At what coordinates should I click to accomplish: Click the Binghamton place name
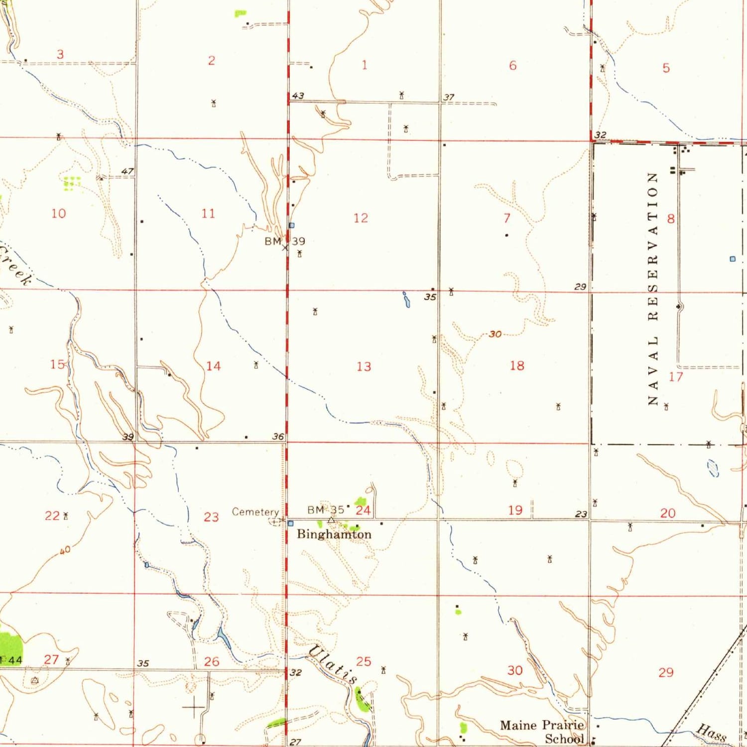point(334,534)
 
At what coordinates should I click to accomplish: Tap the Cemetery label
point(255,512)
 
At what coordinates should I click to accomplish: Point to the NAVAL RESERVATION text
point(653,289)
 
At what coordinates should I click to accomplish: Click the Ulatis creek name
point(333,664)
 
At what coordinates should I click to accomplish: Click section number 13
point(364,367)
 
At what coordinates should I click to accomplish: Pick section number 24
point(363,510)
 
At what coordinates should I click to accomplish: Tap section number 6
point(512,65)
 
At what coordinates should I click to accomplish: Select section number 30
point(515,670)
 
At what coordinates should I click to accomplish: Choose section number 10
point(58,213)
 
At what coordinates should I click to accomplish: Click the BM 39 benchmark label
point(285,242)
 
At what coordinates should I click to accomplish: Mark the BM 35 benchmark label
point(326,509)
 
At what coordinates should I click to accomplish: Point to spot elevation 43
point(298,96)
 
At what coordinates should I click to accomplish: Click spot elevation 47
point(127,171)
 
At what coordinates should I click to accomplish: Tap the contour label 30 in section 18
point(495,334)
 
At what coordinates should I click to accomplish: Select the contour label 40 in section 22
point(65,550)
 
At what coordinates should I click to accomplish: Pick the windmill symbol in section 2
point(214,103)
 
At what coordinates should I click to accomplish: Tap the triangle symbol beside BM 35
point(331,520)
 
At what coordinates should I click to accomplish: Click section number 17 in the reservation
point(675,376)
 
